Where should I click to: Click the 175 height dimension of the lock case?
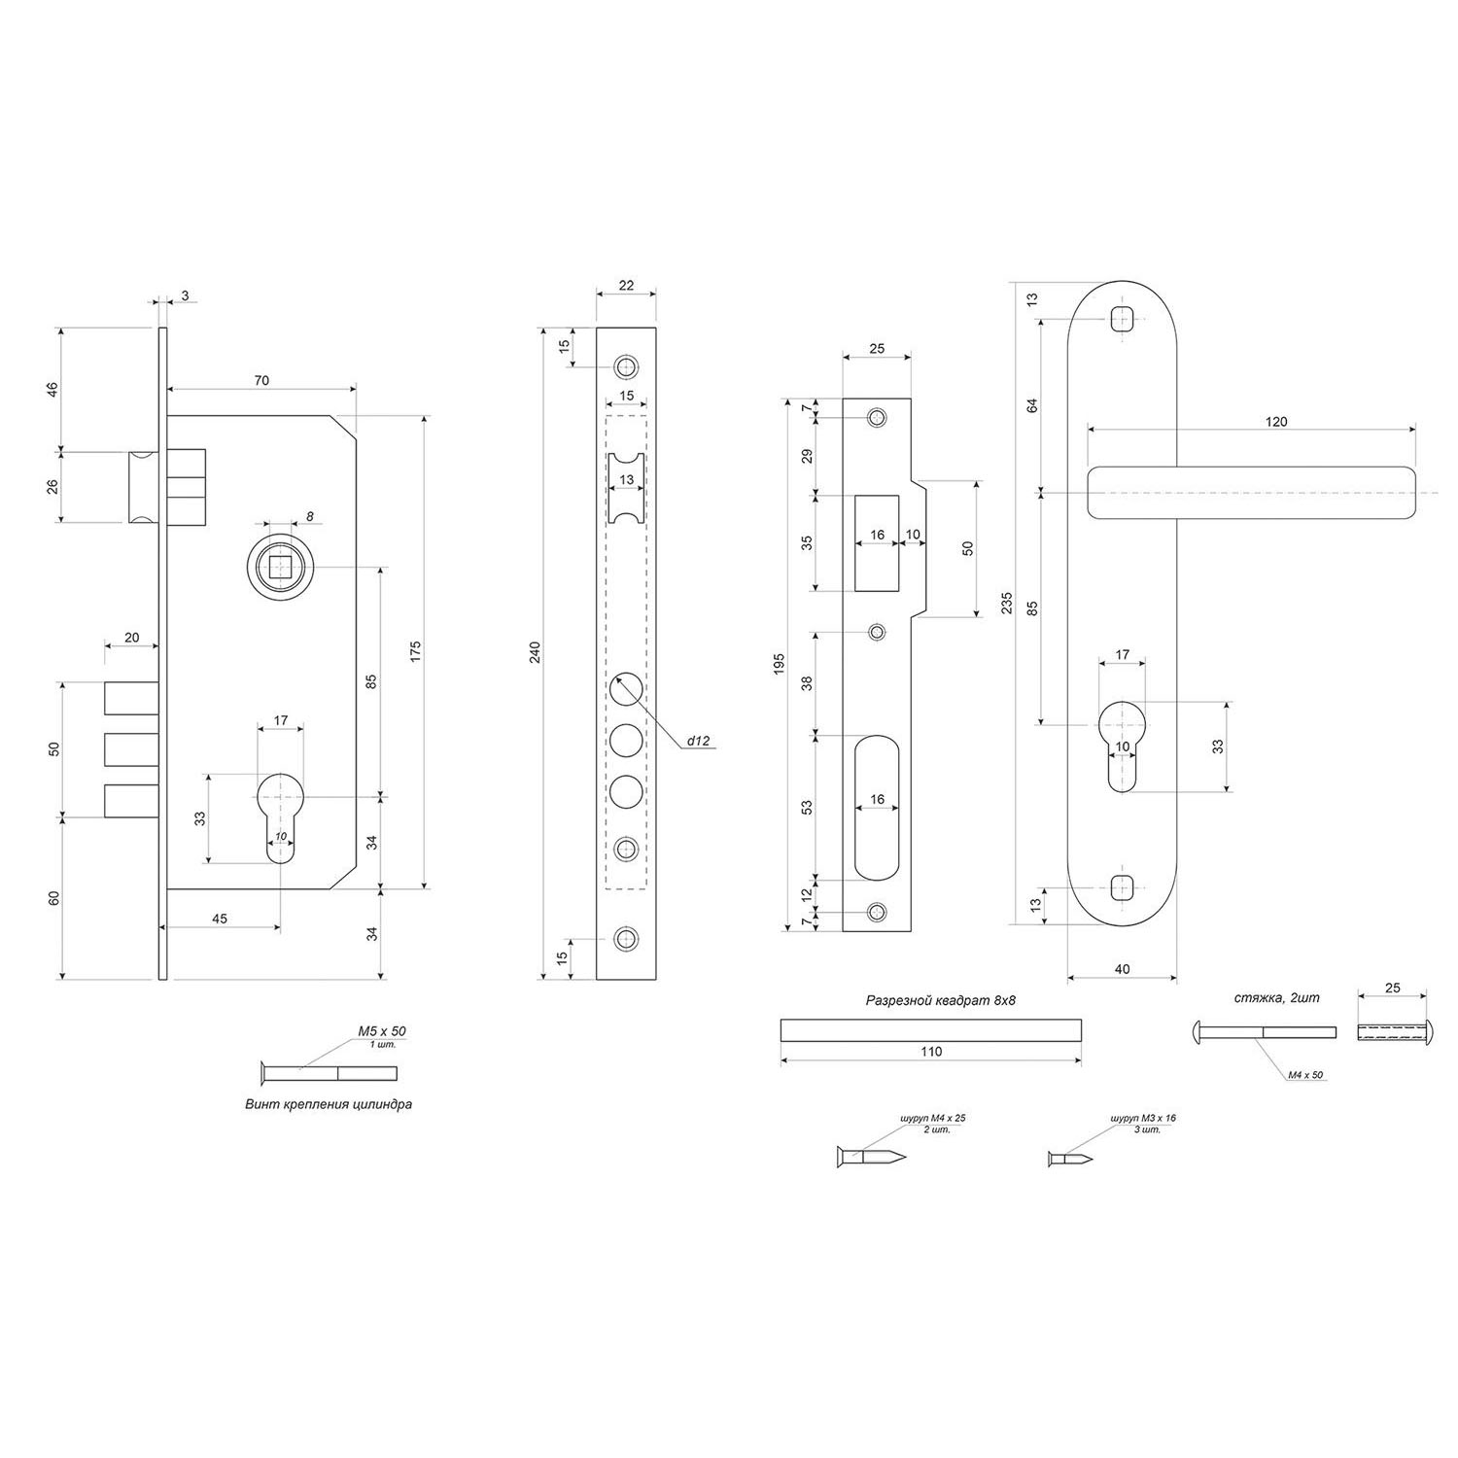[415, 651]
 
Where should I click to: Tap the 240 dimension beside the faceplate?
[534, 653]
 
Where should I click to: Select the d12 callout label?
[699, 741]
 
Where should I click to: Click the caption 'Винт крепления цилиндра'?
[329, 1104]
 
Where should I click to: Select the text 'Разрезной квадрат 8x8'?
[932, 999]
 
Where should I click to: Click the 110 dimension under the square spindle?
[930, 1051]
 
